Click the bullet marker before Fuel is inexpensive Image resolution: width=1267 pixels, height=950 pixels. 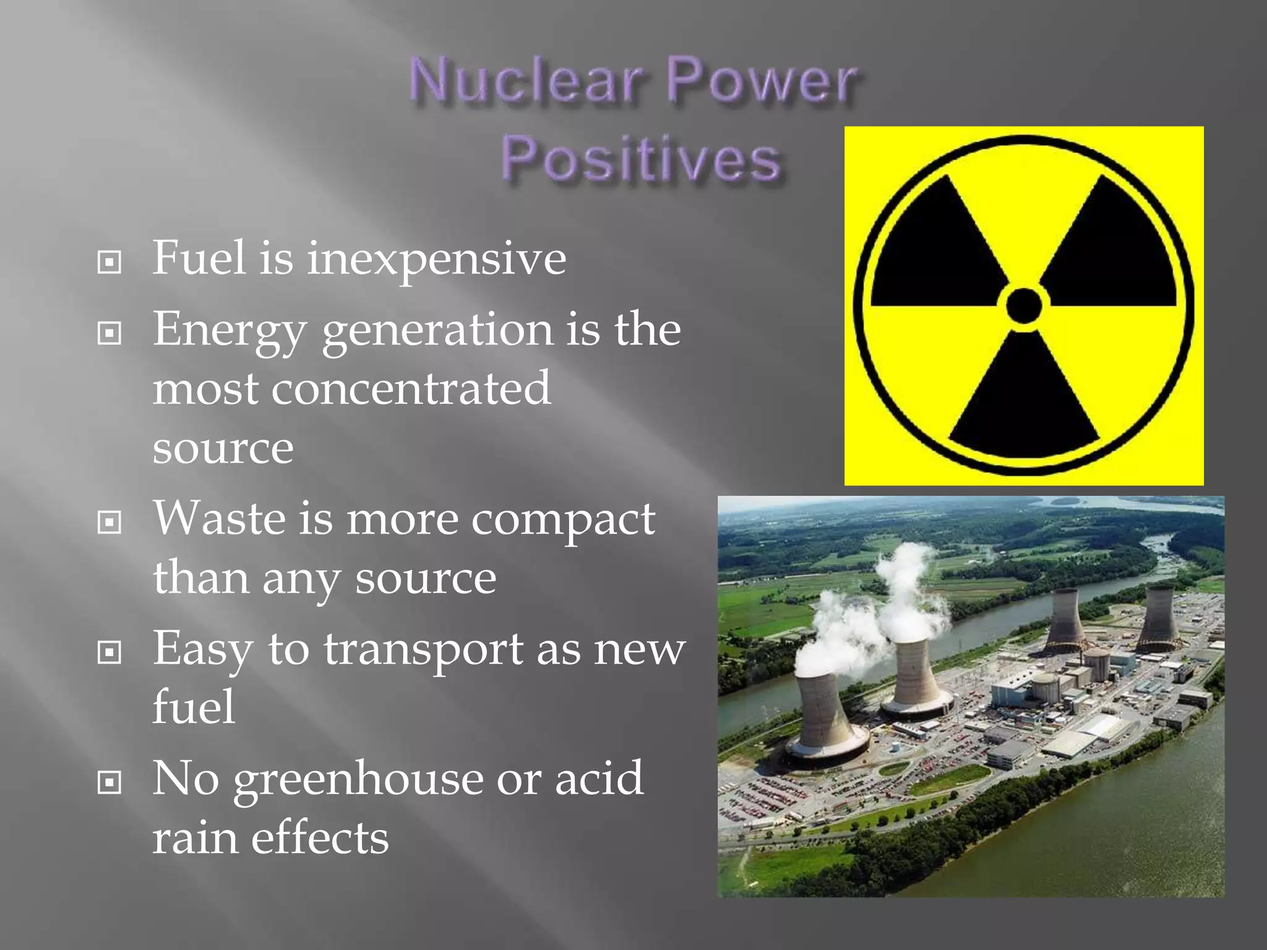point(110,262)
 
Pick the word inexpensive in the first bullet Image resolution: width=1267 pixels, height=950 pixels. point(436,259)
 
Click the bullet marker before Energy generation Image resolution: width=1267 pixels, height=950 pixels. point(110,334)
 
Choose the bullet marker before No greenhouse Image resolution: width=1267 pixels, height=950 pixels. point(110,783)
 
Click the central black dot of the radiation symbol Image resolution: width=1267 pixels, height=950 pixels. point(1024,306)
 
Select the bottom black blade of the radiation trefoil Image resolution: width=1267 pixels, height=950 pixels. point(1024,402)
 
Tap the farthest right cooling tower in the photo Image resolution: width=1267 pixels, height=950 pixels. point(1157,618)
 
